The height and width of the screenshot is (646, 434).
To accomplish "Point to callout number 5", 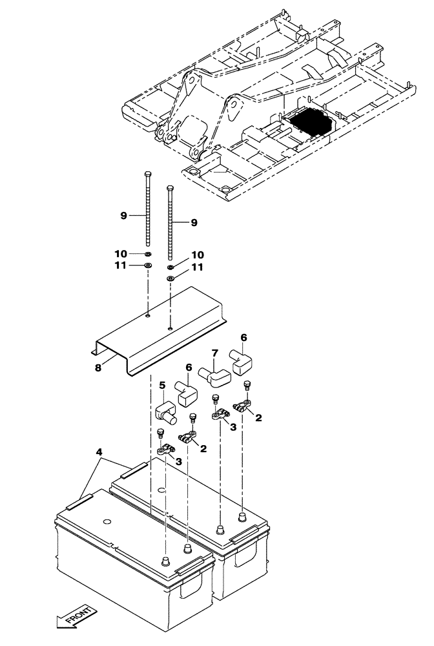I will click(162, 386).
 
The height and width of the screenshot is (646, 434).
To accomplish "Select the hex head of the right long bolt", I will click(170, 189).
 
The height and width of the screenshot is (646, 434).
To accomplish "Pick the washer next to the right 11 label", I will click(171, 278).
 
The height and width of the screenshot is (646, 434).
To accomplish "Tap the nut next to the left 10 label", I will click(148, 255).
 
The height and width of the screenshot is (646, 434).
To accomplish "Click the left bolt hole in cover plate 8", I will click(148, 316).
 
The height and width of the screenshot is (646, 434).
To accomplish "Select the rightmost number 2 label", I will click(258, 418).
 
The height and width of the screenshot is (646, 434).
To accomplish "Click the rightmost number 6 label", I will click(243, 337).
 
